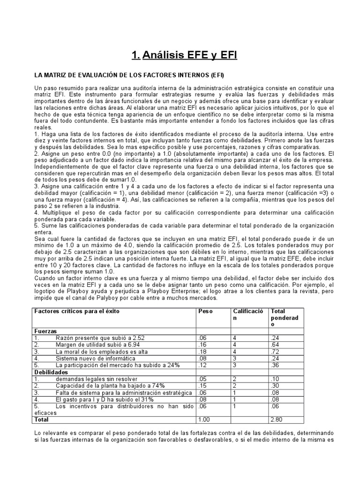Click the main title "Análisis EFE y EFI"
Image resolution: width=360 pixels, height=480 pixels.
(184, 56)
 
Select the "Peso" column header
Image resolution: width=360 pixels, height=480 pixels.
(205, 311)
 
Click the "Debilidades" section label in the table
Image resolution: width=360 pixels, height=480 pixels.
(50, 371)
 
